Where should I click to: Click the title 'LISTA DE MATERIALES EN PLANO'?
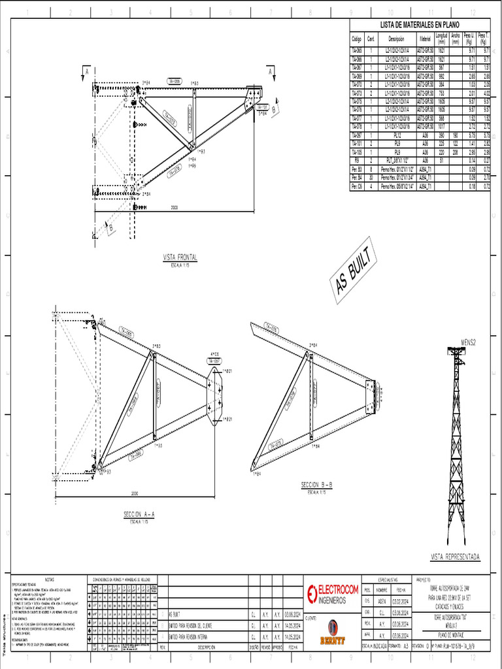pos(420,24)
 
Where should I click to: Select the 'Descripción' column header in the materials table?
pos(396,39)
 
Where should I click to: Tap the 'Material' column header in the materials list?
pos(425,39)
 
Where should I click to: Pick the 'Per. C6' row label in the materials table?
pos(357,186)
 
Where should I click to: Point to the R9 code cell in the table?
pos(357,160)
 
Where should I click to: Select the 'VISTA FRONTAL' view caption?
pos(180,257)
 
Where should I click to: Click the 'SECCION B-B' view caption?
pos(317,485)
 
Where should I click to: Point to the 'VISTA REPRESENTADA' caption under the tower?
pos(455,557)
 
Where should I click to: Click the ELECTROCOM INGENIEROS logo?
pos(333,593)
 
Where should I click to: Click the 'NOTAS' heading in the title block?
pos(50,579)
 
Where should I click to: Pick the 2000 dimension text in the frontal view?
pos(175,208)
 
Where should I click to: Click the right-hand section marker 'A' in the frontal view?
pos(270,71)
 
